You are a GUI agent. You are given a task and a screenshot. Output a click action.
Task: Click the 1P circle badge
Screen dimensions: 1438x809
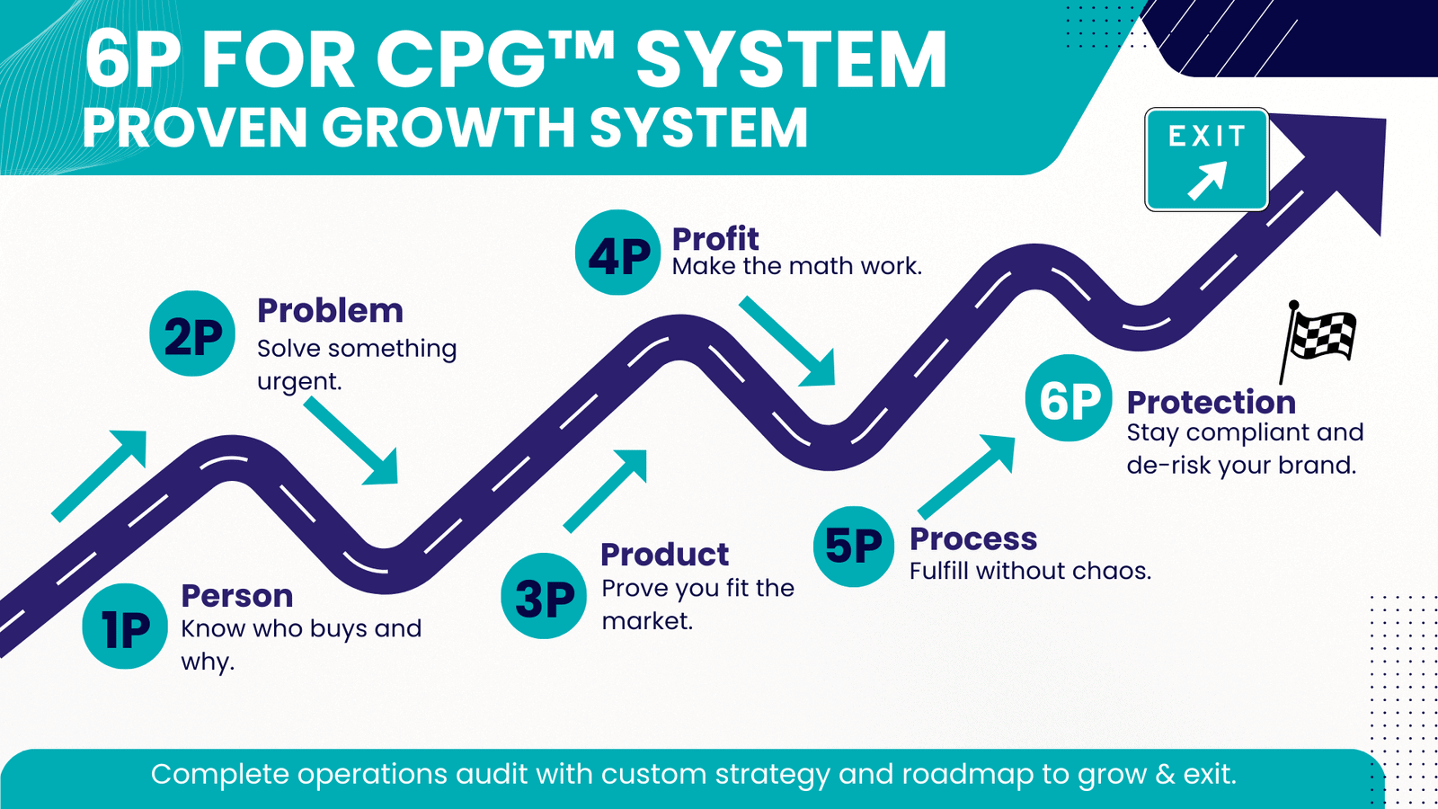125,626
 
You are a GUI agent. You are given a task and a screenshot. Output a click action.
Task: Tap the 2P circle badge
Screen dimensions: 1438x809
192,333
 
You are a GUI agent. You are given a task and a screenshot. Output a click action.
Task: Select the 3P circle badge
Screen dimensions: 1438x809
544,596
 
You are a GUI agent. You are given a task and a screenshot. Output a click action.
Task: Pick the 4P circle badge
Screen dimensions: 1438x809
617,253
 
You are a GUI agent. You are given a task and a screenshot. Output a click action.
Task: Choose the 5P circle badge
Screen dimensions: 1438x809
854,547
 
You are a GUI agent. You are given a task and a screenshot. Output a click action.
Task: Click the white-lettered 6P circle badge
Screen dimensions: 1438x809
1069,398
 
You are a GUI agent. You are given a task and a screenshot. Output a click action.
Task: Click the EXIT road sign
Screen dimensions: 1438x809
1207,159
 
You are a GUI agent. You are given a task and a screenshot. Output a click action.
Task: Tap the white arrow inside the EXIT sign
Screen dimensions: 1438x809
1208,181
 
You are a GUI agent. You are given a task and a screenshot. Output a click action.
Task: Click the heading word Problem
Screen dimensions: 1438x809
330,311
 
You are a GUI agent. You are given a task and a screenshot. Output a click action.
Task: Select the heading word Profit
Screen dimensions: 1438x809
715,239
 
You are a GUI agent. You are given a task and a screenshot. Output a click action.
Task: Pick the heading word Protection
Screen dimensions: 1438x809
1212,403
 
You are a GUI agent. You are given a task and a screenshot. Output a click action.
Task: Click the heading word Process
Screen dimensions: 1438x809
973,538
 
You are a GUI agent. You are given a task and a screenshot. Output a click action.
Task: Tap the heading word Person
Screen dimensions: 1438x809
237,596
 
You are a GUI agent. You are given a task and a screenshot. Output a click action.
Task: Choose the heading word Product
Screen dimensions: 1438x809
664,554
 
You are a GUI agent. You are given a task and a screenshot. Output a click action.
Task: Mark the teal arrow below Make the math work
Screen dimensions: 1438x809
787,342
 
